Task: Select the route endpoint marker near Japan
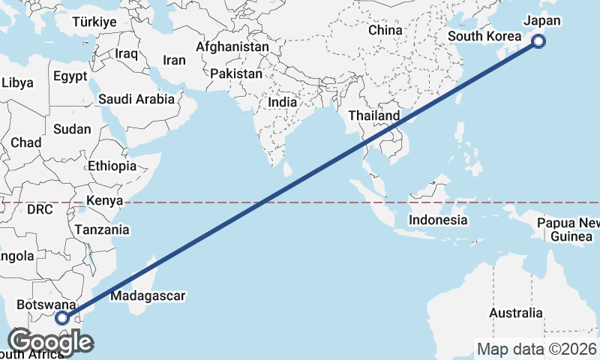[538, 42]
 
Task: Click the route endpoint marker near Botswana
[62, 318]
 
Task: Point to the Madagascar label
[148, 296]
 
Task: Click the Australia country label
[515, 313]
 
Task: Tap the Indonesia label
[438, 220]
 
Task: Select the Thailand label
[374, 116]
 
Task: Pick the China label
[385, 31]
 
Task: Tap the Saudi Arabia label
[136, 99]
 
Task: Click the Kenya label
[104, 201]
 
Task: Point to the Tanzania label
[102, 230]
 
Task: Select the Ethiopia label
[112, 166]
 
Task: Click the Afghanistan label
[232, 46]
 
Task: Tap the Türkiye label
[94, 22]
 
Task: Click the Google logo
[50, 341]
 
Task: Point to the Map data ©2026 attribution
[537, 349]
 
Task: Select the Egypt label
[70, 76]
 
